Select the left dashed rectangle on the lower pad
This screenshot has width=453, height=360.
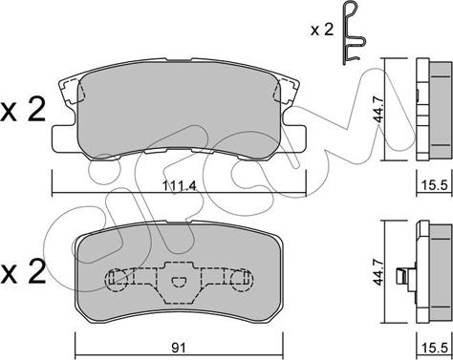[119, 280]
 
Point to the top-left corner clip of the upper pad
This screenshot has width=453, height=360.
[70, 94]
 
